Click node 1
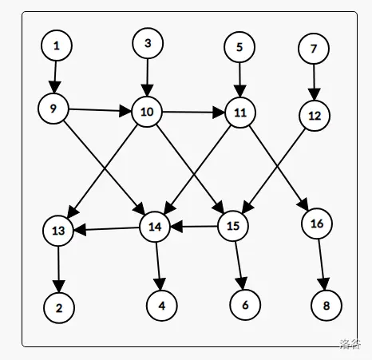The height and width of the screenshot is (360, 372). [57, 46]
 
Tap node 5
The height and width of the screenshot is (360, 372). [239, 47]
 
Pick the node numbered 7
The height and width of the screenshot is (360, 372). [313, 49]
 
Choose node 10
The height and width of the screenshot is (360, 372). [147, 112]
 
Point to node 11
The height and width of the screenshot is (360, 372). [239, 113]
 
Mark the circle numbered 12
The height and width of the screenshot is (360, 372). [314, 116]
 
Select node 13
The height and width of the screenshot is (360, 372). [58, 231]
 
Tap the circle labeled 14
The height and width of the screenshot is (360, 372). [155, 227]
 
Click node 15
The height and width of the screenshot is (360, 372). [233, 227]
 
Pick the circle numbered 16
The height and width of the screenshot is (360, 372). [317, 224]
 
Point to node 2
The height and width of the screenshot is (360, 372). [59, 307]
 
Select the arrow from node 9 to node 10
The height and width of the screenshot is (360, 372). [100, 110]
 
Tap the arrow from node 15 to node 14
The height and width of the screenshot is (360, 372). [194, 227]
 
